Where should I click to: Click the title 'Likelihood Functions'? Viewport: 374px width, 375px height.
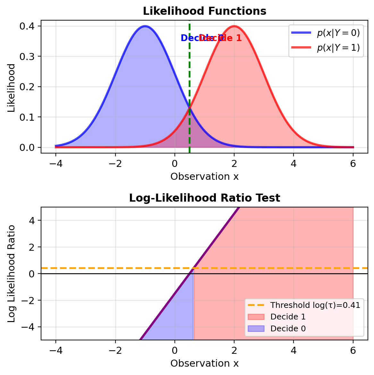coord(204,11)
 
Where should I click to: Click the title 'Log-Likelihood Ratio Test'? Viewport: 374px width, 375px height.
coord(204,198)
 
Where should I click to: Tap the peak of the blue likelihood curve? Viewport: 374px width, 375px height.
coord(145,26)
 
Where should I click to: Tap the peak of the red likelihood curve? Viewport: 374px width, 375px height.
coord(234,26)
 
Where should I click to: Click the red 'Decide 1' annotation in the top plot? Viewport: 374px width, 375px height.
coord(225,38)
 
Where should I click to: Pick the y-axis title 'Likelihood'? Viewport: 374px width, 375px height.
coord(12,88)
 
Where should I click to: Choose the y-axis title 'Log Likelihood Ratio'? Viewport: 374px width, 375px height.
coord(12,274)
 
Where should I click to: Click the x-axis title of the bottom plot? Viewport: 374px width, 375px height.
coord(204,363)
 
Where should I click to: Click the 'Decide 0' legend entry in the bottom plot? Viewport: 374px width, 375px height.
coord(288,329)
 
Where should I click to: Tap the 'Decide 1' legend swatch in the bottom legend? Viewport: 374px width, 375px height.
coord(256,317)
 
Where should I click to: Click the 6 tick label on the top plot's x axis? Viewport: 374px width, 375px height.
coord(353,164)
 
